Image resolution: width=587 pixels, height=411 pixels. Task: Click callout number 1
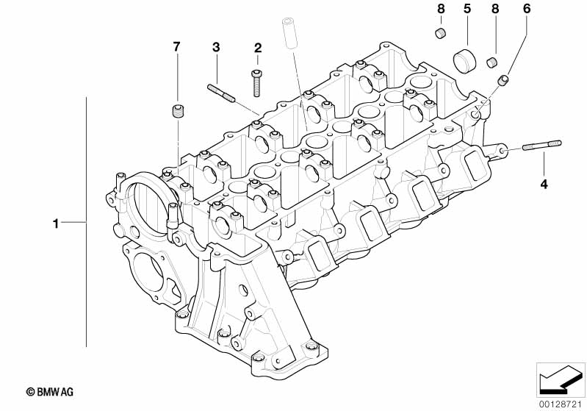click(x=56, y=224)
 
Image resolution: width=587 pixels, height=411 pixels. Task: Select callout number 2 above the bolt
click(x=258, y=48)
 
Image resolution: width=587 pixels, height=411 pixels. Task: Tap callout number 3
click(x=216, y=47)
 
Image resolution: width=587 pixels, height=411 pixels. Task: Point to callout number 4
click(x=544, y=184)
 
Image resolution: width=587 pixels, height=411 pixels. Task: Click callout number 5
click(x=467, y=9)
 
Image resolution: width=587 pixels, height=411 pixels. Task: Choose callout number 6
click(x=527, y=9)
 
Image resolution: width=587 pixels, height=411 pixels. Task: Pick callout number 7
click(x=176, y=46)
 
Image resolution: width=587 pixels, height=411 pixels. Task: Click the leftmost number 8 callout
click(x=441, y=9)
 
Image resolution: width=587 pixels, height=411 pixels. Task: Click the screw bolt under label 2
click(x=257, y=83)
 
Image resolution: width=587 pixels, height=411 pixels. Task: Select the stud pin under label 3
click(x=221, y=93)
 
